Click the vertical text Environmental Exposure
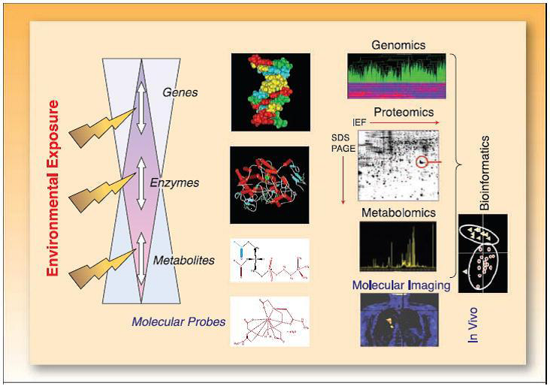[x=53, y=188]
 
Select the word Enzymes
[x=184, y=182]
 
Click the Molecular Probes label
[x=178, y=321]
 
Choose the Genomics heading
[x=397, y=45]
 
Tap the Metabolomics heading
[x=397, y=213]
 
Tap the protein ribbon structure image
[x=270, y=183]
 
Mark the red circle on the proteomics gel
[x=423, y=161]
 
